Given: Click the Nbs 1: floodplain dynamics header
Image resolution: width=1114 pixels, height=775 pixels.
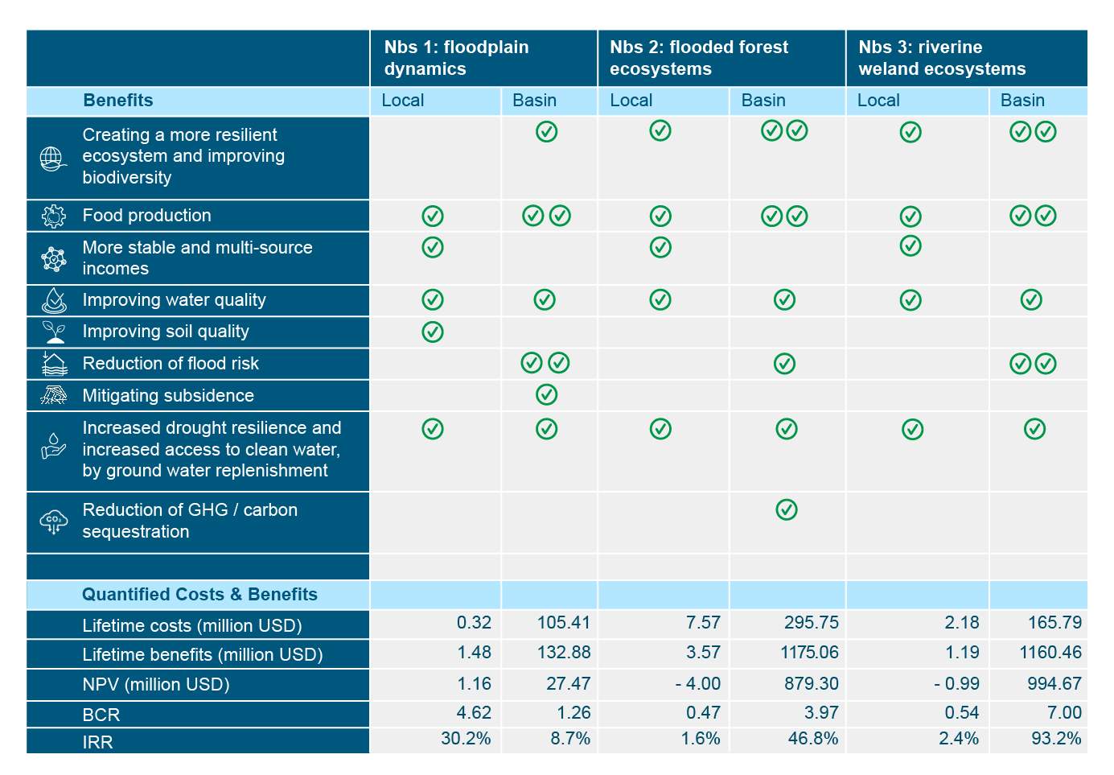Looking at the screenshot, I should click(x=456, y=58).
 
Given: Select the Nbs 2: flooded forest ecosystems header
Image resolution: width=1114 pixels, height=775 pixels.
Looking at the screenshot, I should click(x=698, y=58).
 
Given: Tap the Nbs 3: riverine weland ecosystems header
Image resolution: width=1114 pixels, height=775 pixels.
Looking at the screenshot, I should click(x=941, y=58).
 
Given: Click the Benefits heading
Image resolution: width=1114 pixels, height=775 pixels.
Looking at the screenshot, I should click(x=117, y=101).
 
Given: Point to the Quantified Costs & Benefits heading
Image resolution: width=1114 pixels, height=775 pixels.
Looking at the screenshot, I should click(x=199, y=595).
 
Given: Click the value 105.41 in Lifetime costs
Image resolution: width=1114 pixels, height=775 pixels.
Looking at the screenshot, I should click(x=563, y=623).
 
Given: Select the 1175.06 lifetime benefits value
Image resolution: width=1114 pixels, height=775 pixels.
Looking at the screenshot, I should click(x=808, y=653).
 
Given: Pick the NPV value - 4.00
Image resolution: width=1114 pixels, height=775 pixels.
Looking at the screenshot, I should click(x=697, y=684).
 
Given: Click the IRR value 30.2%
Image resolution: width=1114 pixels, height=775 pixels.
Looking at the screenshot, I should click(x=466, y=739).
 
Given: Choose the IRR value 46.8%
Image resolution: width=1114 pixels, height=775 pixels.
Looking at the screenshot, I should click(x=812, y=739).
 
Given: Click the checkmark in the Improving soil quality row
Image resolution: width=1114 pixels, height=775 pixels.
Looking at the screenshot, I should click(x=433, y=332).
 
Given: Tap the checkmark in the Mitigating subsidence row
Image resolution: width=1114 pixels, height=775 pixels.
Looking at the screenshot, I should click(x=546, y=395).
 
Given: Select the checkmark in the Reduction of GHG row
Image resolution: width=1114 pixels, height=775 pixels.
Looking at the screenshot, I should click(x=787, y=509).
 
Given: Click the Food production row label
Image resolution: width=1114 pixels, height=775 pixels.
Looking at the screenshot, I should click(x=146, y=216).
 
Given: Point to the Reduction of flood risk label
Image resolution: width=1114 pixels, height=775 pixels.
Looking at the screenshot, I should click(x=171, y=364).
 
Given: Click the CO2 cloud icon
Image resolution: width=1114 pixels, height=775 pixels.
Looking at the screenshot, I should click(x=53, y=521).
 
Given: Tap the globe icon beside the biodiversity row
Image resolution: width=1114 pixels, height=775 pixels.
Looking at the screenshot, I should click(x=53, y=159).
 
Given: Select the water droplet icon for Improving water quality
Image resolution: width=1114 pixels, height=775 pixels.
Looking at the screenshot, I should click(x=54, y=300).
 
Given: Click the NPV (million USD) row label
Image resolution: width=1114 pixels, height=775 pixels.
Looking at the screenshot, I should click(x=155, y=685).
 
